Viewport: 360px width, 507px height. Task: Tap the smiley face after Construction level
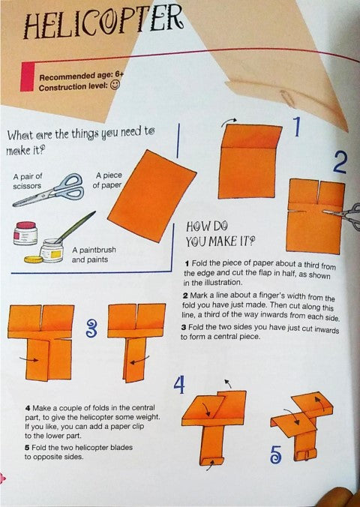[x=115, y=85]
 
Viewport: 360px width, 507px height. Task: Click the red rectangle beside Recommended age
[x=27, y=76]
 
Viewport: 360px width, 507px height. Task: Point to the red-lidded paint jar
[x=25, y=233]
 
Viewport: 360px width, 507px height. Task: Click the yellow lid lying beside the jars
[x=33, y=259]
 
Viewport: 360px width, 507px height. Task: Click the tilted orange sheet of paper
[x=151, y=196]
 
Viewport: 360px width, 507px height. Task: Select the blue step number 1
[x=297, y=127]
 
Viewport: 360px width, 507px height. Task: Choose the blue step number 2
[x=340, y=162]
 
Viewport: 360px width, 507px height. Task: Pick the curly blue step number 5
[x=275, y=454]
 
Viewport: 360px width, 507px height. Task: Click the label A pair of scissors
[x=28, y=181]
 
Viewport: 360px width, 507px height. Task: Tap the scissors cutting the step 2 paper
[x=343, y=214]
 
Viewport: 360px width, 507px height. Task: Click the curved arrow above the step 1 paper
[x=229, y=122]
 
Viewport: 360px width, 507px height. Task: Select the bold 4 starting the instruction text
[x=28, y=408]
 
